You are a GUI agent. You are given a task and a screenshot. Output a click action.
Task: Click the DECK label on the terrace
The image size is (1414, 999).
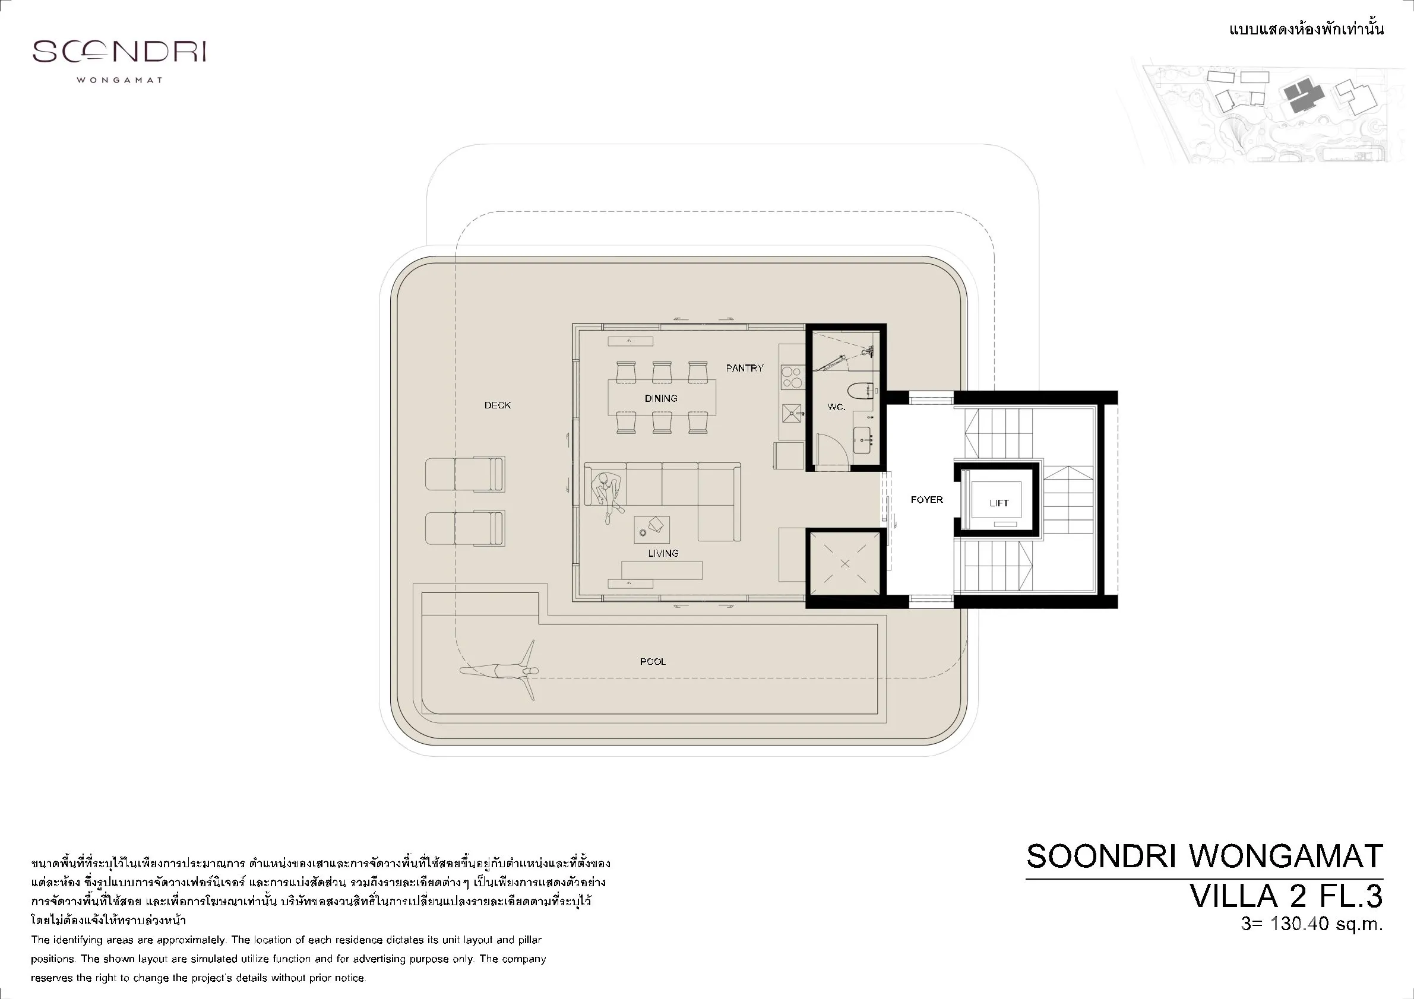tap(498, 405)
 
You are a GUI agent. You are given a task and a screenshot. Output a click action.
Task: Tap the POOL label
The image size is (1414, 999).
tap(653, 662)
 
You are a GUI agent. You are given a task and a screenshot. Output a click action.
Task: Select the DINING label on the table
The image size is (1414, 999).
tap(661, 398)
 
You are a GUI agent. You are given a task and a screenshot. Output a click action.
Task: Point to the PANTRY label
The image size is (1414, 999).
tap(745, 368)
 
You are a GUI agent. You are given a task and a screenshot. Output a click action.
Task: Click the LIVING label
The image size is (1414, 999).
tap(663, 553)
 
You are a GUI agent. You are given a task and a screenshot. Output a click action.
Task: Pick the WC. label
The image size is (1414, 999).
tap(836, 407)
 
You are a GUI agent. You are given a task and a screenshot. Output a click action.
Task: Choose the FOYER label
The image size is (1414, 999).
tap(927, 500)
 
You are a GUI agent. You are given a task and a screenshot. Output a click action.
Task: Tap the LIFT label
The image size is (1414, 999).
tap(999, 503)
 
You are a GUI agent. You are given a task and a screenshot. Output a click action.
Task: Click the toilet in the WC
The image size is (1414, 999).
tap(861, 389)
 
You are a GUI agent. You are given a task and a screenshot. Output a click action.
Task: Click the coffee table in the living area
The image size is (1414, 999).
tap(651, 529)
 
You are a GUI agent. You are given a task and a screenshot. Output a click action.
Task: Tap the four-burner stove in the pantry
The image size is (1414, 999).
tap(792, 377)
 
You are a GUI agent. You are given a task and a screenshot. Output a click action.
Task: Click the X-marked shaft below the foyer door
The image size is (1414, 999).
tap(845, 564)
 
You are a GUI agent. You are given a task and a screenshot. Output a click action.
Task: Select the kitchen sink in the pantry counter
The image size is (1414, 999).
tap(792, 414)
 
